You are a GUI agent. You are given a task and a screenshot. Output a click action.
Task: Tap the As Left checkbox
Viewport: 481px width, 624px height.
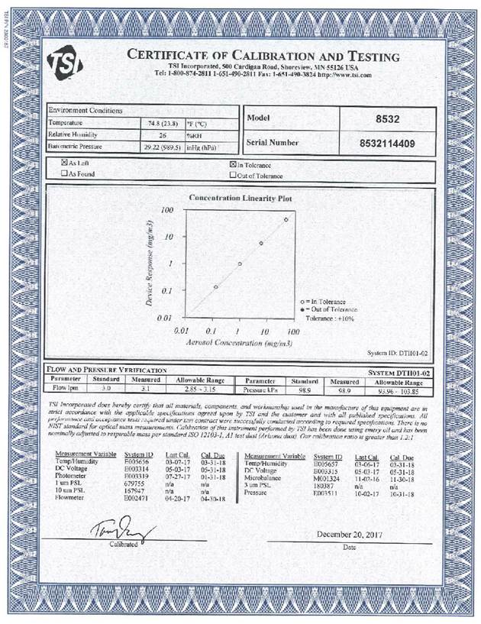[65, 163]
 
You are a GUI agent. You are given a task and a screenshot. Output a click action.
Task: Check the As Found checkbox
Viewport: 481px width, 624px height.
[65, 174]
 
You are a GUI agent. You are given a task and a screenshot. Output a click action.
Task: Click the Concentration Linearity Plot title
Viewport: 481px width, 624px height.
[240, 198]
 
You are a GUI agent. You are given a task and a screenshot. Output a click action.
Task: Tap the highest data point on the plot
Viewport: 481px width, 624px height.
[286, 220]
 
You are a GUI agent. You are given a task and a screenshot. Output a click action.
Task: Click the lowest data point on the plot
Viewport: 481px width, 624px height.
[216, 287]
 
